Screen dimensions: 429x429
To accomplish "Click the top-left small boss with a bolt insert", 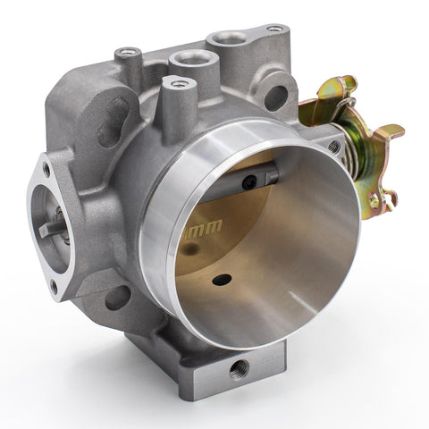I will pos(130,53).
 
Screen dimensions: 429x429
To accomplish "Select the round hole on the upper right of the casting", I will pos(276,96).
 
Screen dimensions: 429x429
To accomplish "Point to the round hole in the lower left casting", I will pos(117,297).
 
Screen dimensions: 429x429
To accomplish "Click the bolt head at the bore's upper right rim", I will pos(333,147).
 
